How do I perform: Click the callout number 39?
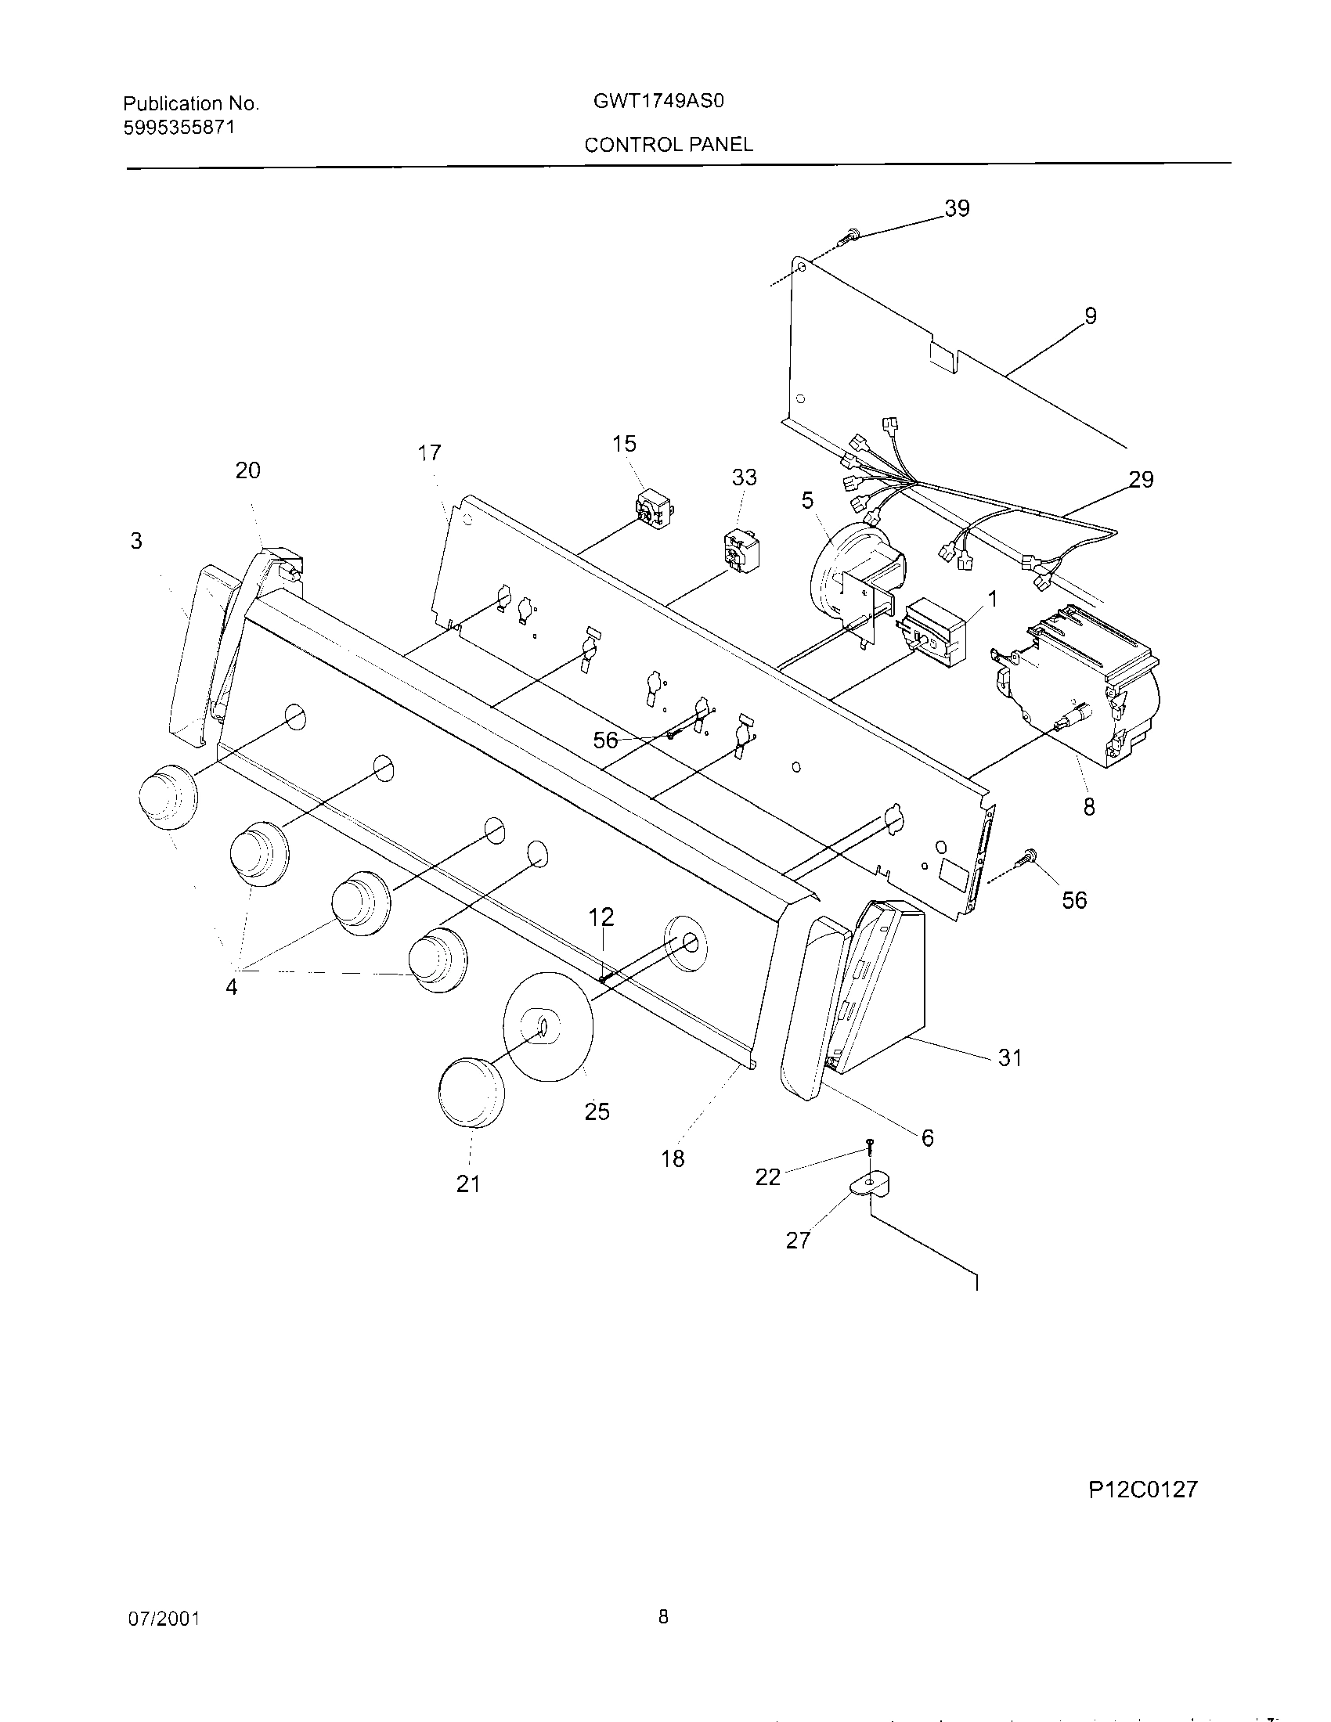957,208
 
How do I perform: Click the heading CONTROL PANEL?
669,144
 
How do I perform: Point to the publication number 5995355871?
179,127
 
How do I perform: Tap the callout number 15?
624,444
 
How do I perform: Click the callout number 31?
1010,1058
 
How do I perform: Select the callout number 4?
231,987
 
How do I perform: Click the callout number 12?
601,917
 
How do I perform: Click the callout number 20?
247,470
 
